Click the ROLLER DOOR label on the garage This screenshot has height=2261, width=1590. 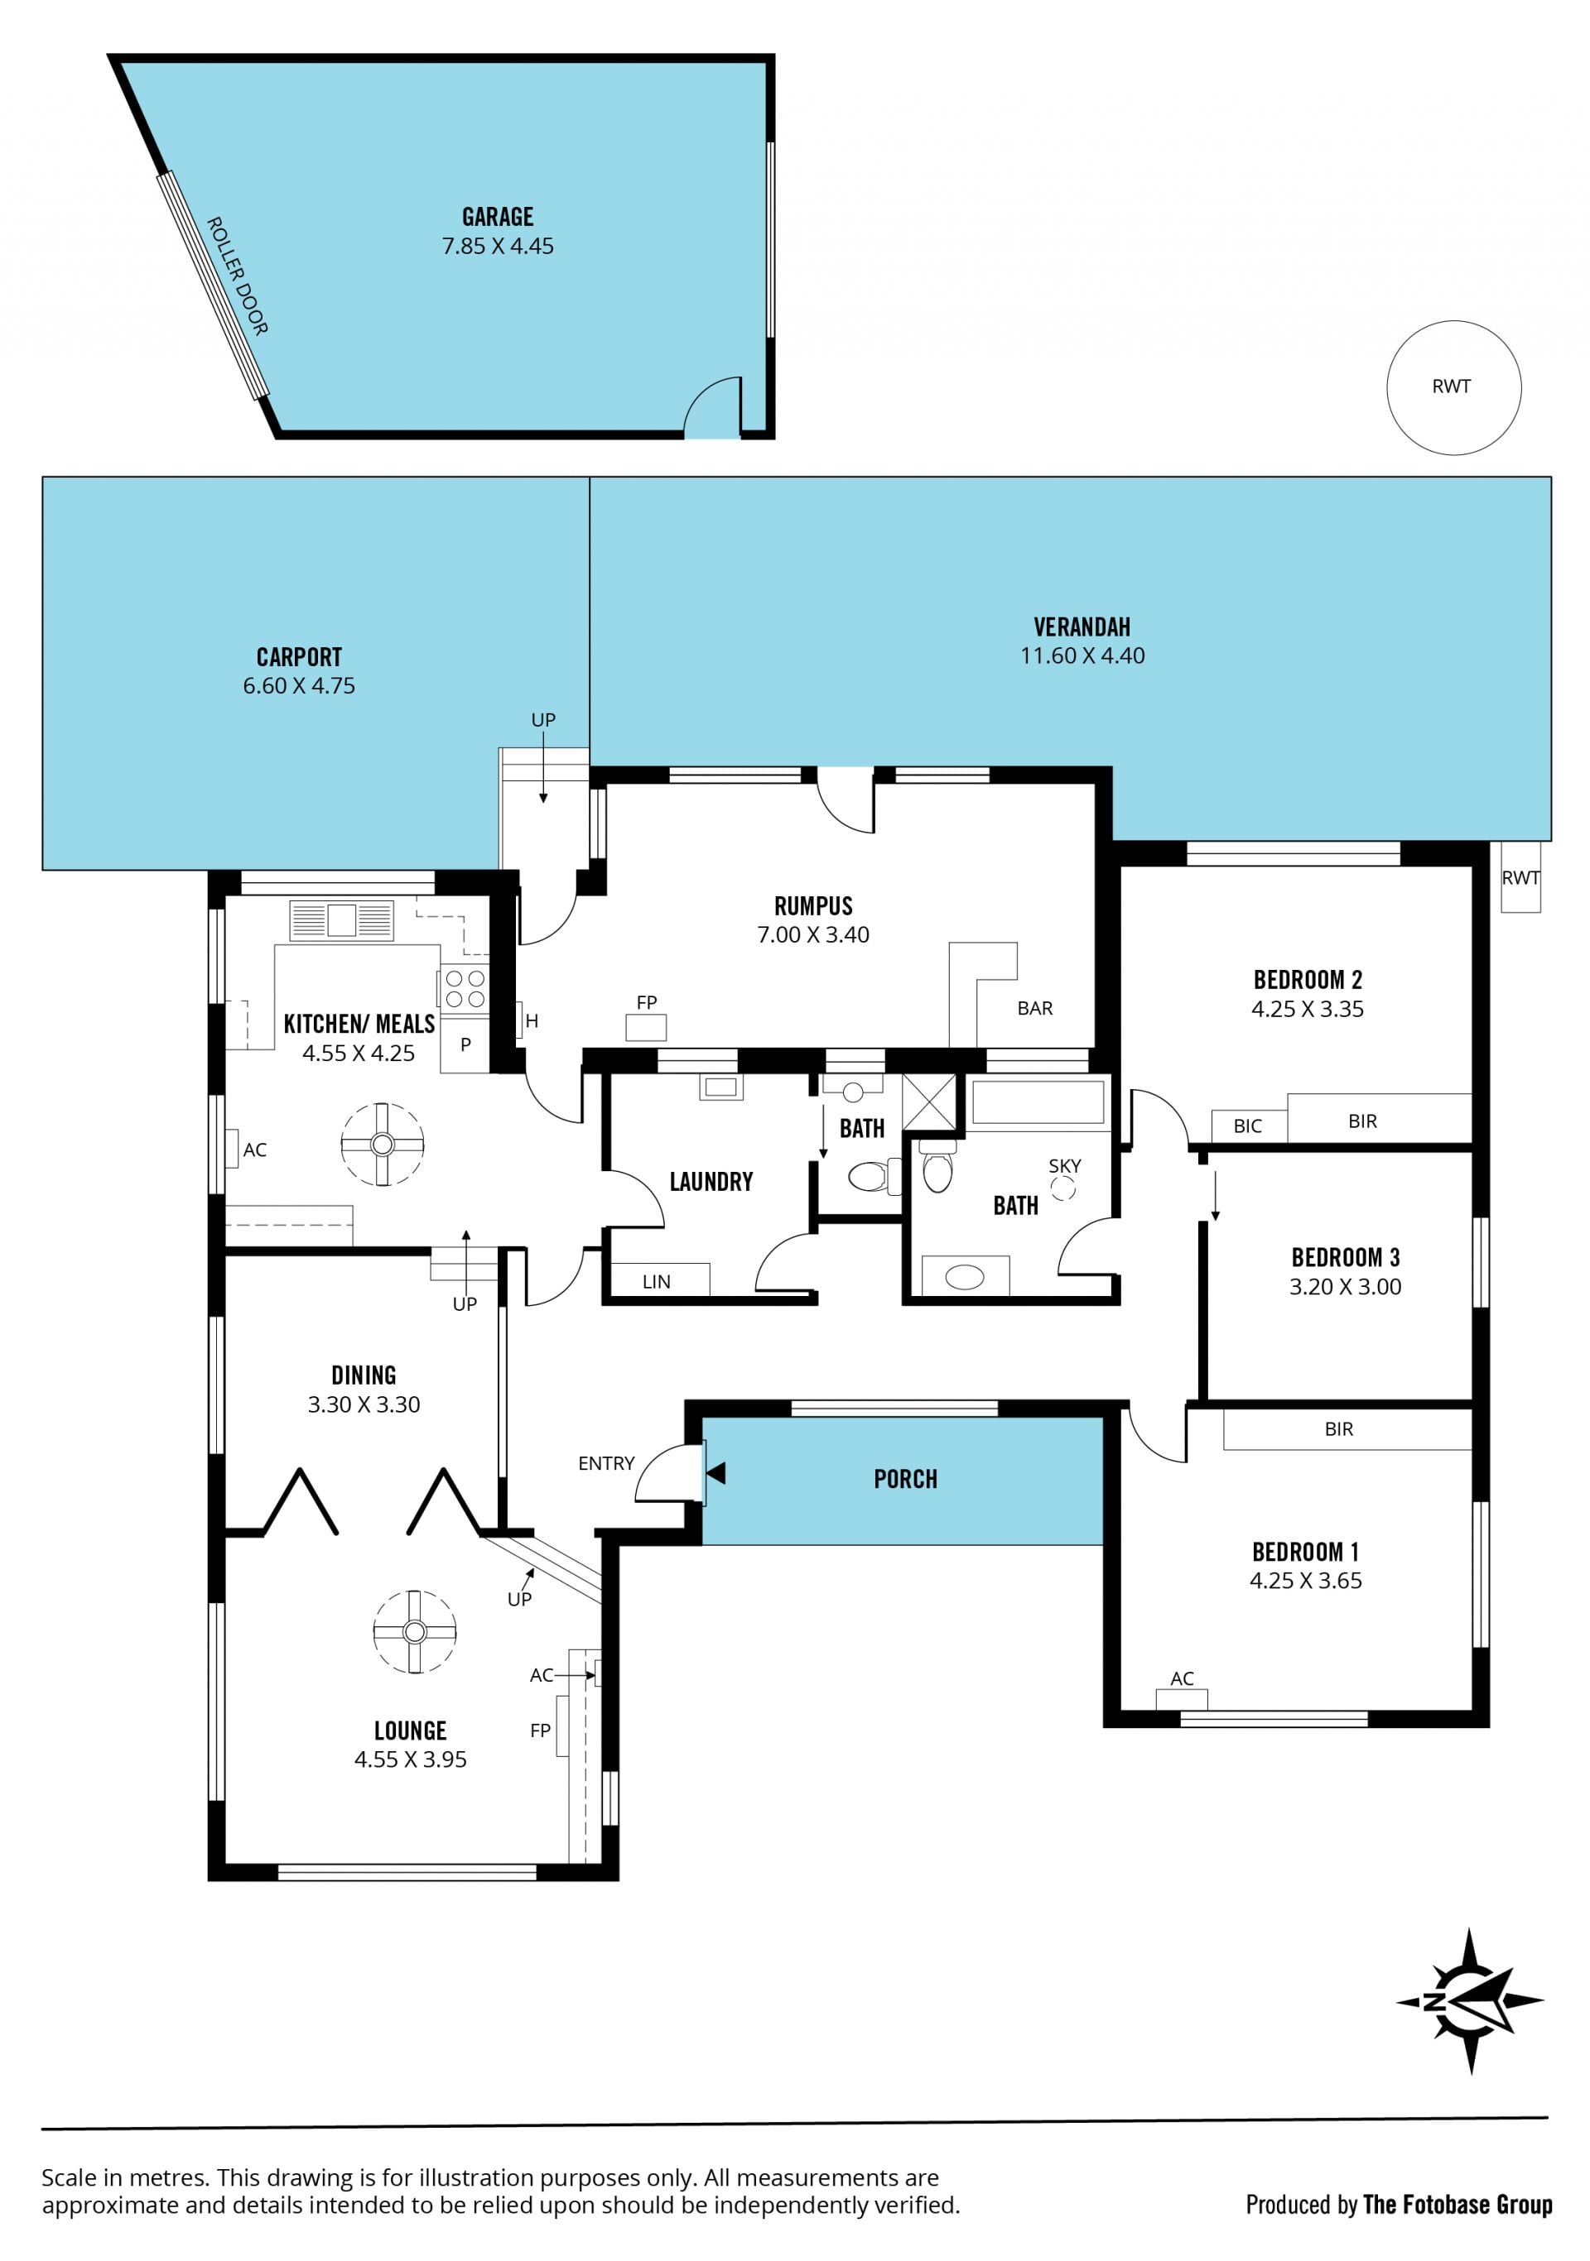(237, 276)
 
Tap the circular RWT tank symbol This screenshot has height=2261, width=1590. (1453, 387)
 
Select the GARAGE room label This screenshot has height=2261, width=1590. (498, 217)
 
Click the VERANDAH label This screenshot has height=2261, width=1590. (1082, 626)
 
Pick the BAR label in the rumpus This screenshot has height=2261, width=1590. (1034, 1007)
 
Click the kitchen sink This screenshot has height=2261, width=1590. (341, 919)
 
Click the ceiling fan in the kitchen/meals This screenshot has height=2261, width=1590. (383, 1143)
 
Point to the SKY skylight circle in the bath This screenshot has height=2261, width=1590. (1063, 1188)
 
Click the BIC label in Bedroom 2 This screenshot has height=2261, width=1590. (1247, 1126)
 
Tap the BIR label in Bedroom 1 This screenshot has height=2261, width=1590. (1339, 1429)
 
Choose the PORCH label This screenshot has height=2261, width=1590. (905, 1478)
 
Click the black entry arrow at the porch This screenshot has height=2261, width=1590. (716, 1473)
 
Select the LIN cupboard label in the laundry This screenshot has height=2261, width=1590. (656, 1281)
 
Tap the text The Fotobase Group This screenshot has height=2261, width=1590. (1458, 2204)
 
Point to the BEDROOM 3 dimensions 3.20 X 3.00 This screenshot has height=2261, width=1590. (1345, 1286)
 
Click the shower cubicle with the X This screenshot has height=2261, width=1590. (929, 1101)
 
